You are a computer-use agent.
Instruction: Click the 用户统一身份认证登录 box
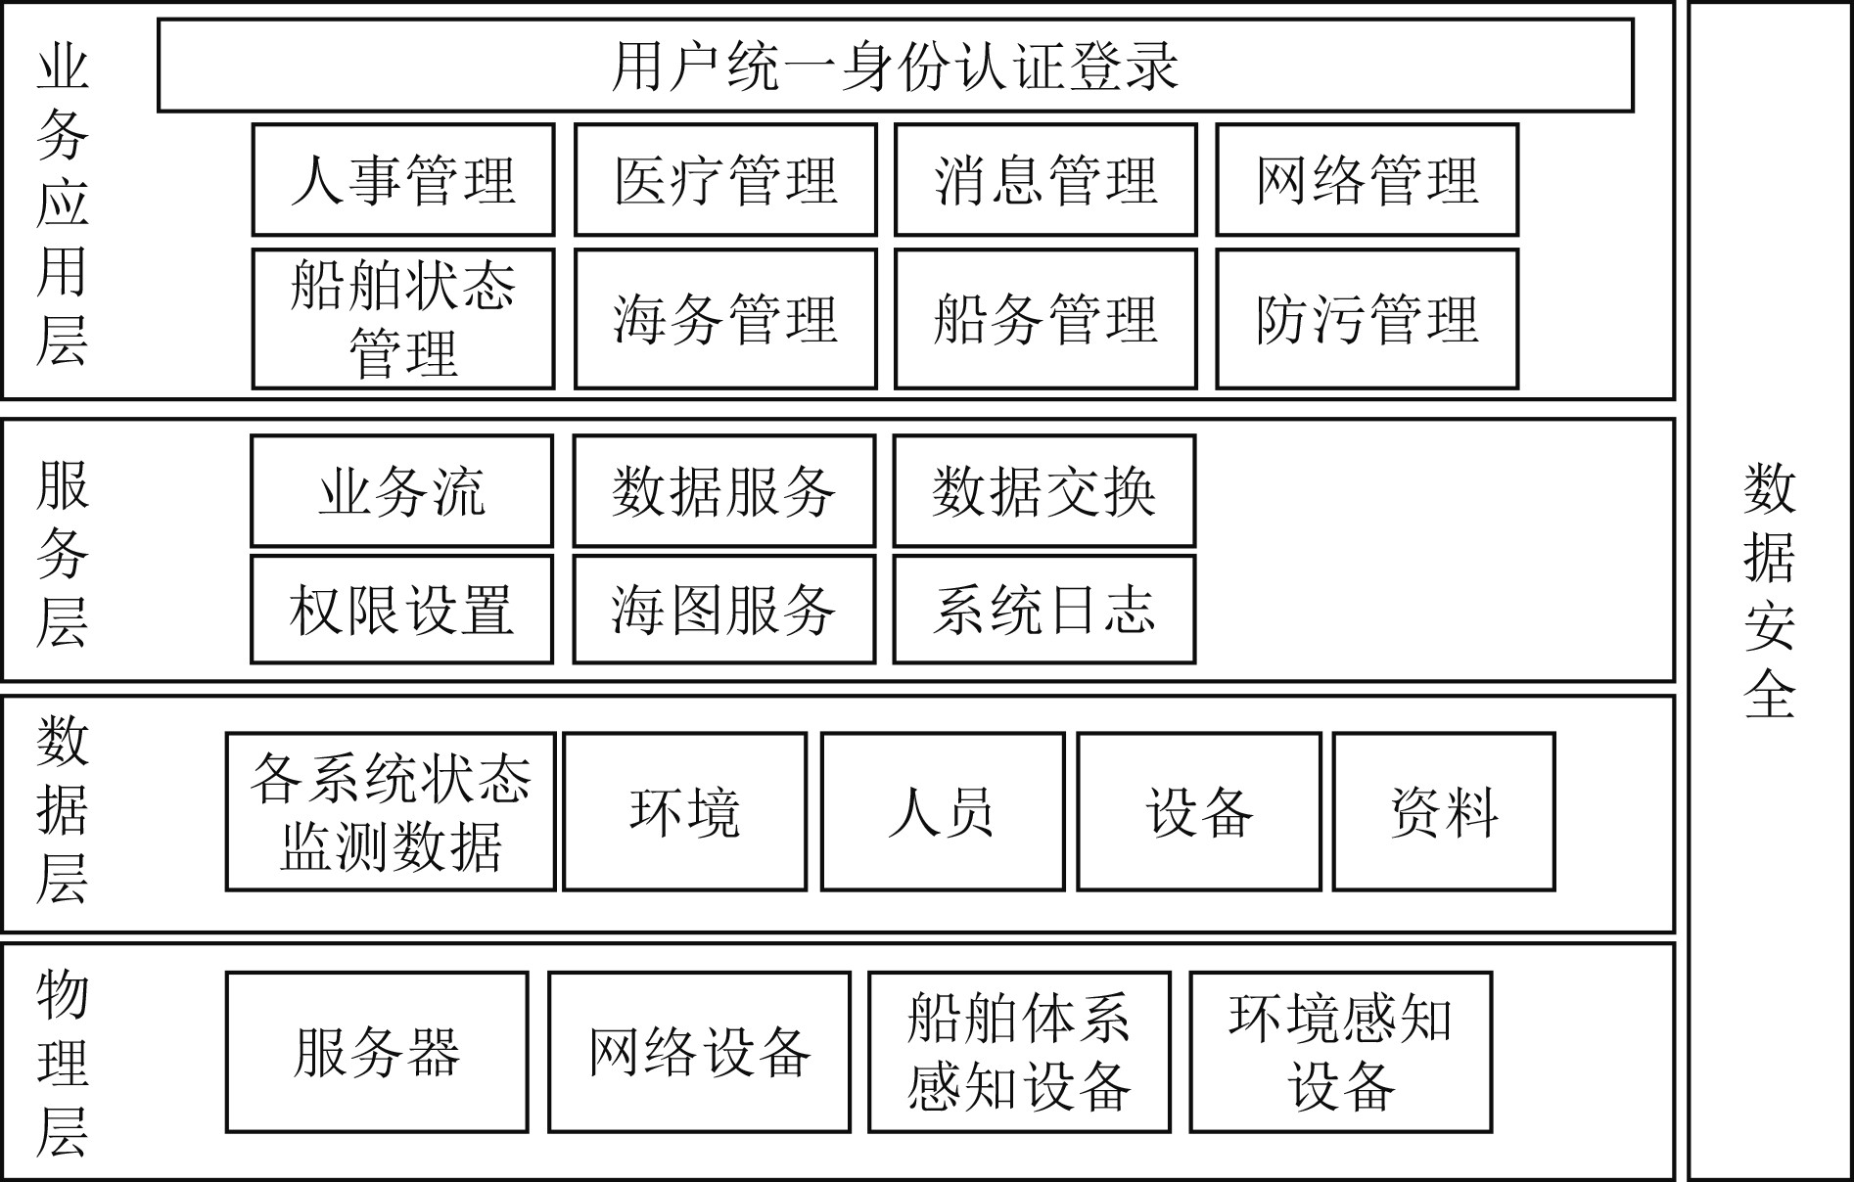pos(895,66)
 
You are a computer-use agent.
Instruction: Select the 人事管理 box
pos(403,180)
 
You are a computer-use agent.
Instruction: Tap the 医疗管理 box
pos(725,180)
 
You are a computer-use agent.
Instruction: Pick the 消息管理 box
pos(1045,180)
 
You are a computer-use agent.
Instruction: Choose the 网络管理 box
pos(1367,180)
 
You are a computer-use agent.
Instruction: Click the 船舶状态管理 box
pos(403,319)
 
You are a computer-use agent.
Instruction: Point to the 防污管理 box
pos(1367,319)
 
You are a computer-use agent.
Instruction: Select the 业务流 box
pos(401,491)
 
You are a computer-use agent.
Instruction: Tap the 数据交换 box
pos(1043,491)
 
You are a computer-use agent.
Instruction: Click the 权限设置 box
pos(401,610)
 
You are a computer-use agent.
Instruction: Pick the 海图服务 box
pos(723,610)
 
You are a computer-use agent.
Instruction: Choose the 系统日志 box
pos(1043,610)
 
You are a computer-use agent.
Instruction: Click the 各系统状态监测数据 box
pos(391,812)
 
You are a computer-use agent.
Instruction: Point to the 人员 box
pos(942,812)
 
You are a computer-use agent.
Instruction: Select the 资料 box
pos(1444,812)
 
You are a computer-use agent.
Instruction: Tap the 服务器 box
pos(377,1053)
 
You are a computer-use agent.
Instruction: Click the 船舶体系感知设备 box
pos(1019,1053)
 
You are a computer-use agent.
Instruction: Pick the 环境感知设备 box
pos(1340,1053)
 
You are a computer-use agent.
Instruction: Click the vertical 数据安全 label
pos(1769,591)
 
